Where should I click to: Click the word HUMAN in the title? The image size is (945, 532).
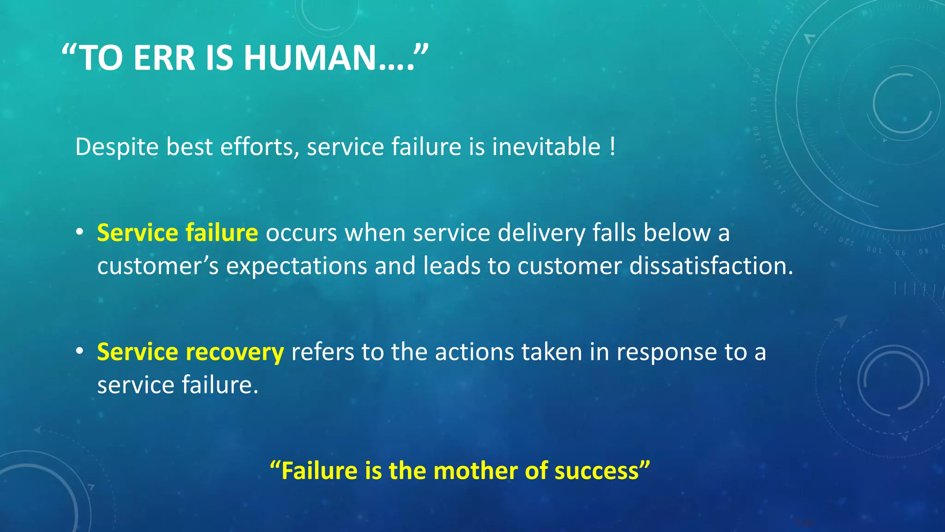[310, 58]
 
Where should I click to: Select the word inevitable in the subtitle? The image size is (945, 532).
[546, 147]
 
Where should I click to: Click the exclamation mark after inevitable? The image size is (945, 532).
[612, 147]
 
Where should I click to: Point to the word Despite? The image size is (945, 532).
[117, 147]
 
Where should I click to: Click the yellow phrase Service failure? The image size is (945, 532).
[177, 233]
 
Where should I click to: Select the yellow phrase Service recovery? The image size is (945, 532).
[190, 352]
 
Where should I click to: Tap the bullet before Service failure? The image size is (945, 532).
[80, 232]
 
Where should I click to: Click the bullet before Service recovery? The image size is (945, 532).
[80, 351]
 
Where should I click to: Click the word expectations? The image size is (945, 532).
[296, 267]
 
